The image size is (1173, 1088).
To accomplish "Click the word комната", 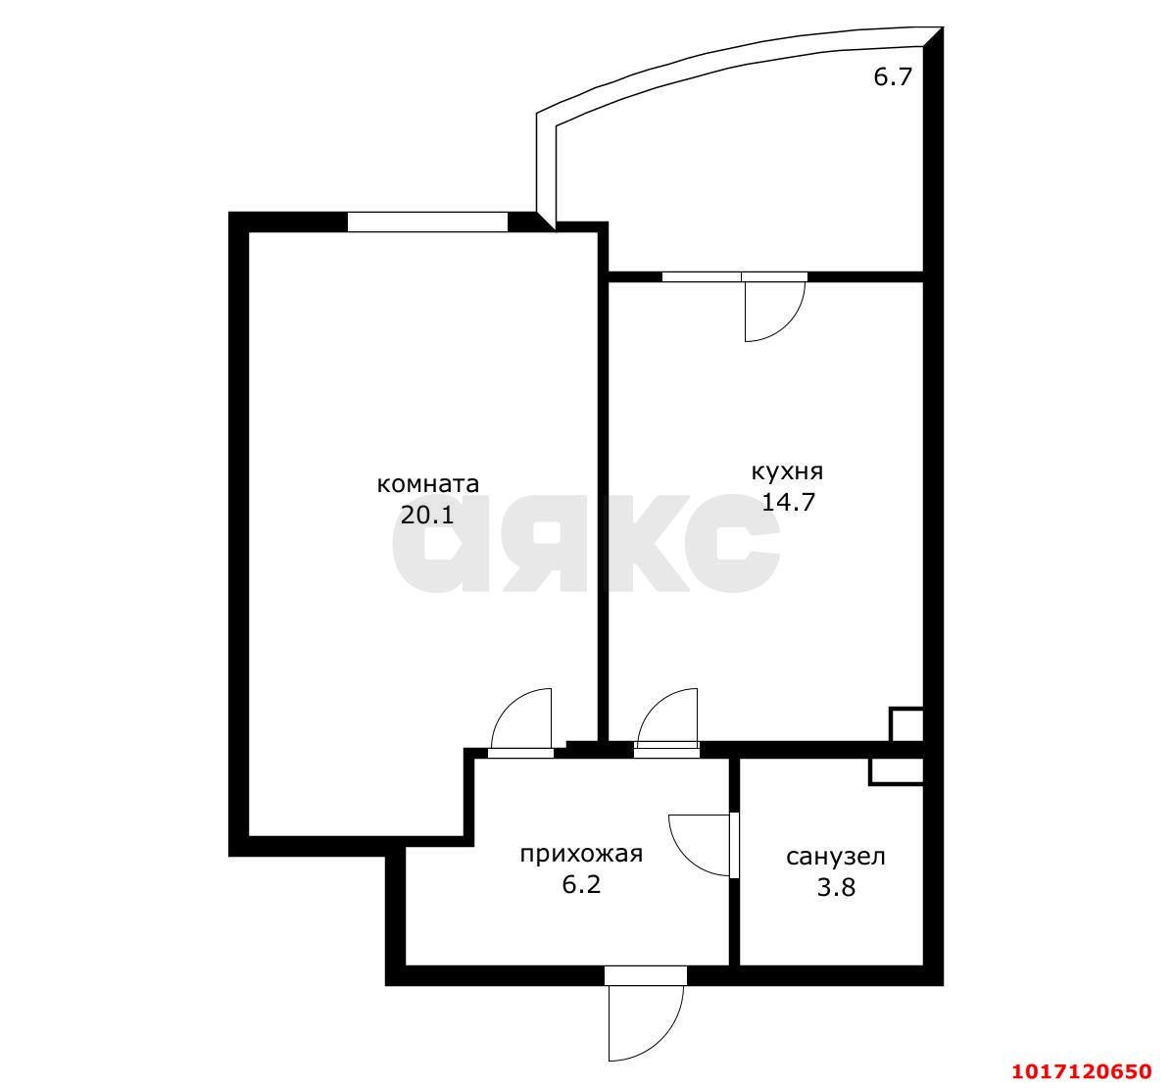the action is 427,484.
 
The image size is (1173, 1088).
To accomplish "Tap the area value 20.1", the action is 427,515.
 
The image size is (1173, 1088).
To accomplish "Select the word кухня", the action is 787,471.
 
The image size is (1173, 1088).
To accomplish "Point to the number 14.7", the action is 788,501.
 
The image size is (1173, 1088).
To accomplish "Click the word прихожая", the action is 581,855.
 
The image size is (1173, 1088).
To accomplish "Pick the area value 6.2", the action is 581,885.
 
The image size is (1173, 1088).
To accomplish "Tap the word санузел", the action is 836,857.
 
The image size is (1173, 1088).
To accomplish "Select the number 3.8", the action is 836,887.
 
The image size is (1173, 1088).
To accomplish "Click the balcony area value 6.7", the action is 893,76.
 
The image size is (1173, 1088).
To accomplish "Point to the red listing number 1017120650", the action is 1082,1070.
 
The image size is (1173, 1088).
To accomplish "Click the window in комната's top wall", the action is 427,223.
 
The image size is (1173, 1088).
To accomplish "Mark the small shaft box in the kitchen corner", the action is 905,724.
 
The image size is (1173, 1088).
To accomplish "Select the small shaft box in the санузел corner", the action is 896,771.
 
